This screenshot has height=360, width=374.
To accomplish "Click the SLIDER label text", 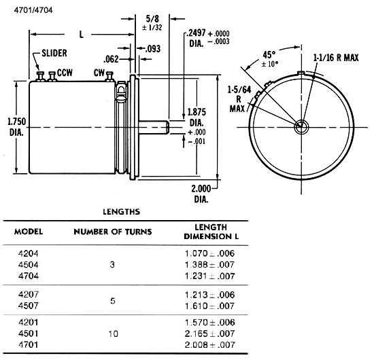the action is [54, 53].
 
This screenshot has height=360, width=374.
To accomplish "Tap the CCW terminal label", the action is [65, 73].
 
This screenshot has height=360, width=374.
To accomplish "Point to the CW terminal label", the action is [99, 73].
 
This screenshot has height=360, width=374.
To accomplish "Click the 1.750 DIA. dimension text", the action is [16, 127].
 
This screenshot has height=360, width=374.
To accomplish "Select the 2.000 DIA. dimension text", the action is [201, 194].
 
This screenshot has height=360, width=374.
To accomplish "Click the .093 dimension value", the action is [153, 49].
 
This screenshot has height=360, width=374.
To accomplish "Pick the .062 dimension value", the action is [111, 59].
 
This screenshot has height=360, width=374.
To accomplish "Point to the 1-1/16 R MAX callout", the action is [336, 58].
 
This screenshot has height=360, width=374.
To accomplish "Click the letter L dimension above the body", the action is [82, 35].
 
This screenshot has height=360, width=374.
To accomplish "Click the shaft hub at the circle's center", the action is [301, 127].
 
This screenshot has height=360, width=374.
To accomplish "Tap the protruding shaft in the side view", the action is [154, 127].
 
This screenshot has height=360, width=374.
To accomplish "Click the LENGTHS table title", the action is [122, 211].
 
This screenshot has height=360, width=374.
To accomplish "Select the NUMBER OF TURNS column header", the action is [113, 232].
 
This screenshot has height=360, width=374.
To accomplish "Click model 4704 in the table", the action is [29, 276].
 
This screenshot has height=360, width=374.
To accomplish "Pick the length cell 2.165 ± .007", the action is [209, 334].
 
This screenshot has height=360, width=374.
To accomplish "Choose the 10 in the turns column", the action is [113, 334].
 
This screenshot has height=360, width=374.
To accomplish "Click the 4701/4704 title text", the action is [33, 10].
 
